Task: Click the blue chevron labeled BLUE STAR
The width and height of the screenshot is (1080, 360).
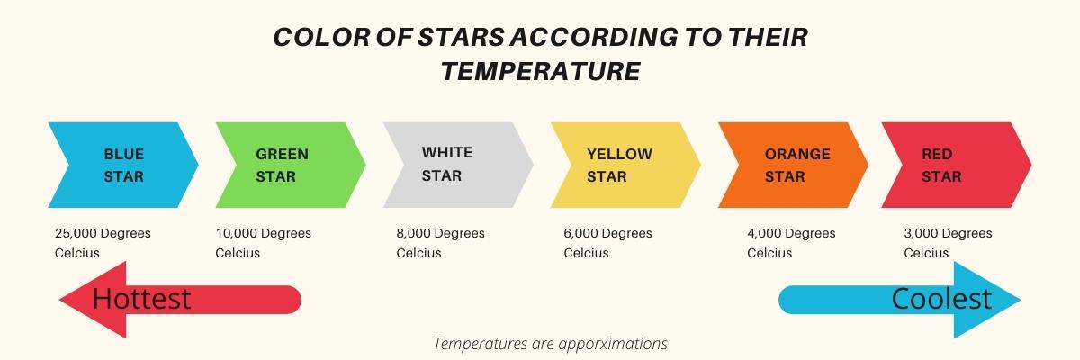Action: tap(123, 166)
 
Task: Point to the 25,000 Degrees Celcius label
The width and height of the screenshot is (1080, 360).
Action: tap(103, 243)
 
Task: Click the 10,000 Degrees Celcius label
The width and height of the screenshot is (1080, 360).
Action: tap(263, 243)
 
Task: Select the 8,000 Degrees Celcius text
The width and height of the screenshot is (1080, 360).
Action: tap(440, 243)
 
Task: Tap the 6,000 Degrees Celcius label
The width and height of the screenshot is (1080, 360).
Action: tap(607, 243)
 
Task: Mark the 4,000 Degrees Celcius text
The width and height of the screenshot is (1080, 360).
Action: tap(791, 243)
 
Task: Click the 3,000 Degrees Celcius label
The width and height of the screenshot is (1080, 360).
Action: tap(948, 243)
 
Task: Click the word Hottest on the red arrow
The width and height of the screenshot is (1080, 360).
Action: tap(142, 299)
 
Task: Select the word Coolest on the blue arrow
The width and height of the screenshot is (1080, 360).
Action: tap(941, 299)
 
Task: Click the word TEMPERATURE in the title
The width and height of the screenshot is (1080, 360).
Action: tap(540, 71)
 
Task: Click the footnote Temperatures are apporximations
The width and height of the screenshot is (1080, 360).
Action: tap(550, 344)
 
